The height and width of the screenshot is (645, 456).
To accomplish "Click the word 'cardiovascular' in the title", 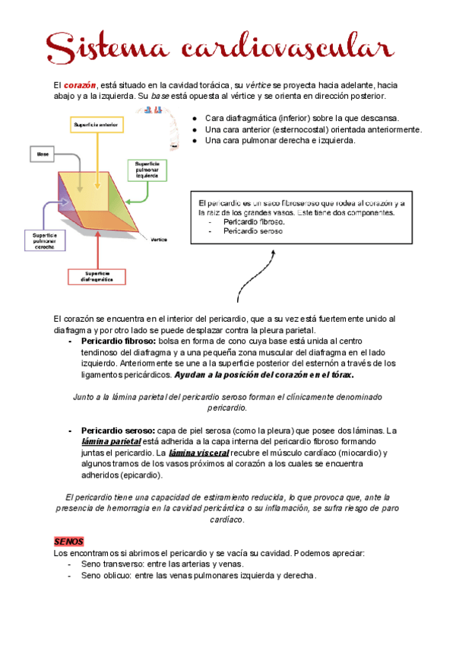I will click(287, 46).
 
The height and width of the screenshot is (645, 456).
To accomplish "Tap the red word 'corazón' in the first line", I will click(79, 84).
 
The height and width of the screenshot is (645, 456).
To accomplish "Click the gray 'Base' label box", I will click(43, 154).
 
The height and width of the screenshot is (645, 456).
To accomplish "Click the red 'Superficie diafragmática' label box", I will click(97, 277).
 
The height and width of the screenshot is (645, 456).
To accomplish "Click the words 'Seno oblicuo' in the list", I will click(105, 576).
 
